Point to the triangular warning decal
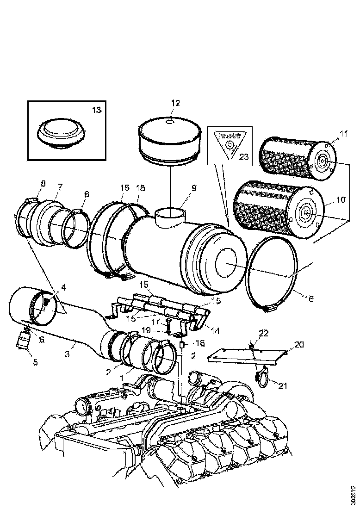pyautogui.click(x=228, y=143)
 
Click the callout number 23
pyautogui.click(x=243, y=157)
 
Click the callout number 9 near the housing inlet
pyautogui.click(x=194, y=188)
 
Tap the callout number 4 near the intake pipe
pyautogui.click(x=63, y=287)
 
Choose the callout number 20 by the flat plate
pyautogui.click(x=299, y=344)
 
